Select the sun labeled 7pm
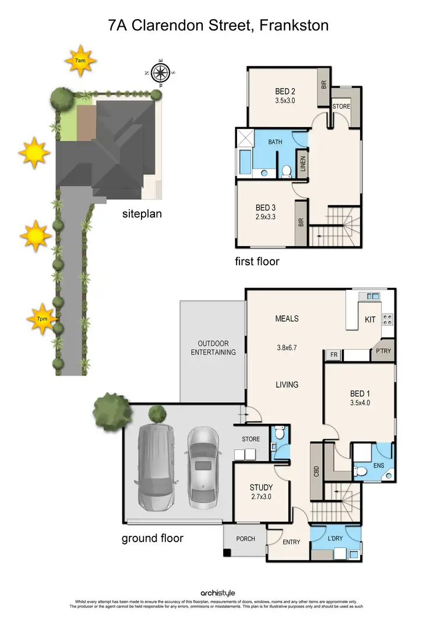(42, 319)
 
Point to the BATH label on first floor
(276, 142)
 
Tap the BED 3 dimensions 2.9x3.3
(265, 216)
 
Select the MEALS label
(287, 318)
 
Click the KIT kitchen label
(370, 319)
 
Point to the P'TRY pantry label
(383, 352)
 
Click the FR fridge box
(334, 354)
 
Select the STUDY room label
(261, 487)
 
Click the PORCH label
(245, 539)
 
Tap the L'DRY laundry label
(335, 538)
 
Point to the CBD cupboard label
(315, 470)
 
